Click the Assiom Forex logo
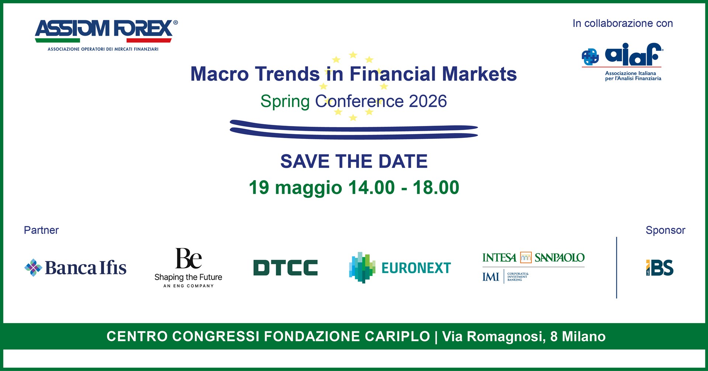(x=106, y=35)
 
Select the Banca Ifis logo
(x=75, y=267)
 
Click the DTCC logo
(x=285, y=268)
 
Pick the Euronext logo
(x=400, y=268)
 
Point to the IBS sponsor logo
(x=660, y=268)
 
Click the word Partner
(x=41, y=230)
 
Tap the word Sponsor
(x=665, y=230)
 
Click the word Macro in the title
(x=220, y=74)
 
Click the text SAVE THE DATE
(x=354, y=161)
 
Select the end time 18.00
(x=436, y=188)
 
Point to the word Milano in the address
(x=584, y=336)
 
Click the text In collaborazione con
(x=623, y=23)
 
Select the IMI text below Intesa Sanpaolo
(x=491, y=277)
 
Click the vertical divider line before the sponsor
(x=617, y=267)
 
